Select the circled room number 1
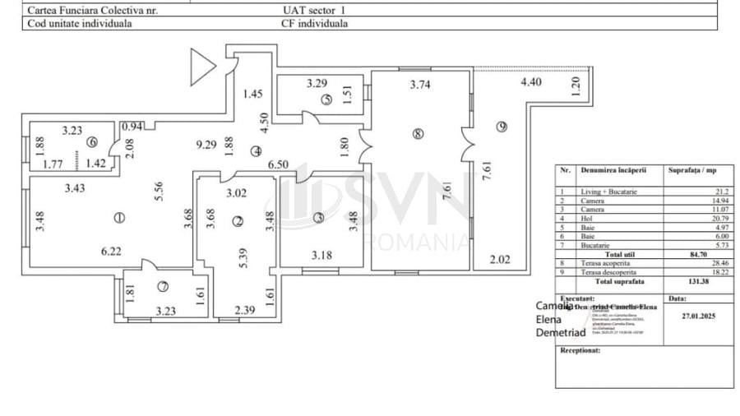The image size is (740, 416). pos(119,218)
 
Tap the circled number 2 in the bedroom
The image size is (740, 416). pos(238,220)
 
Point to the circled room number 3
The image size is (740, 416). pos(319,219)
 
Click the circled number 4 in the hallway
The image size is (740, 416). pos(257,150)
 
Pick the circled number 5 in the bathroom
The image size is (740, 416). pos(326,100)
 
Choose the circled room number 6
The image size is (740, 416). pos(92,141)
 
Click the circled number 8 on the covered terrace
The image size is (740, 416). pos(419,134)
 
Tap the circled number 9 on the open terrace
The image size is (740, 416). pos(502,126)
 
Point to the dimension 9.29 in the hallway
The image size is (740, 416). pos(206,144)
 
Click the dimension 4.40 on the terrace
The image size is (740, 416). pos(531,82)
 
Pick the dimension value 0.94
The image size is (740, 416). pos(132,127)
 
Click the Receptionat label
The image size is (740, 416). pos(580,349)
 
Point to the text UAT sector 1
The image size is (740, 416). pos(314,11)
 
